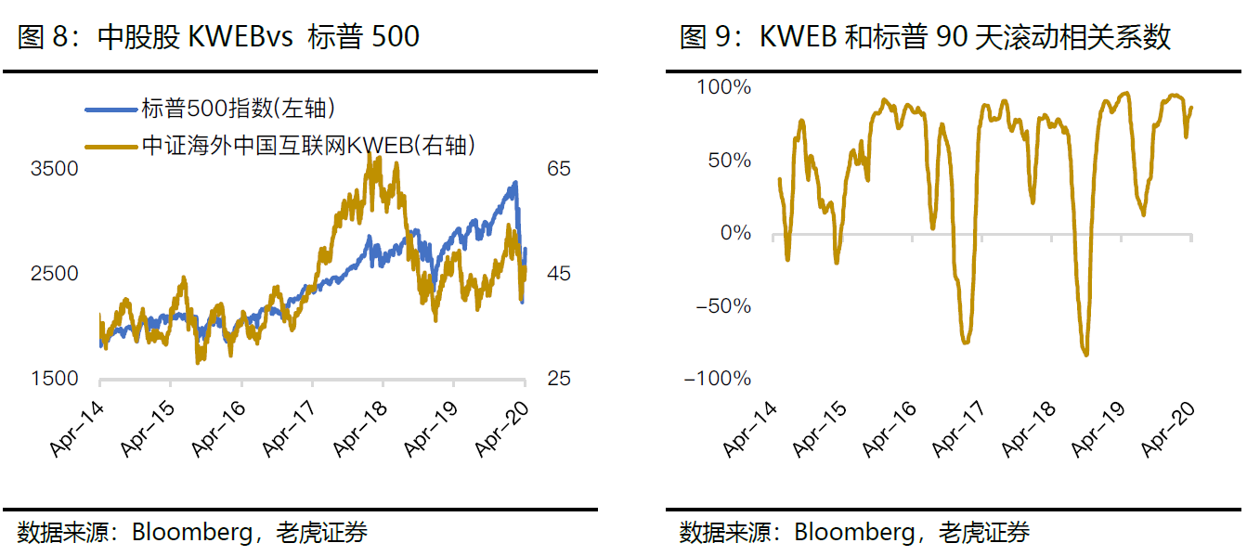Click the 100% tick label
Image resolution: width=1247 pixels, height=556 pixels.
click(x=723, y=87)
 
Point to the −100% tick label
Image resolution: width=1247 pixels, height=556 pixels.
click(x=716, y=379)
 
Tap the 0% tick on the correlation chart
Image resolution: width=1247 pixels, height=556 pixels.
click(x=735, y=233)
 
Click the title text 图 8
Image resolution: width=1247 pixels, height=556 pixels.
click(x=44, y=37)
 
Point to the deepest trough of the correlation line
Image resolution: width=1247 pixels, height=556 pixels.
click(x=1086, y=355)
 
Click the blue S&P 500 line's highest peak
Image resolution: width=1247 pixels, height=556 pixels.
click(x=514, y=183)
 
